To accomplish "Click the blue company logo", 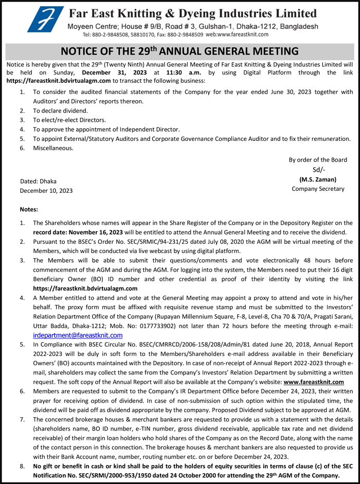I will (x=45, y=19).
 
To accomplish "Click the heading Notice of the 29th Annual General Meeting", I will (x=179, y=51).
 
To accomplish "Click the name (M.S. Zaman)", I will (x=317, y=180).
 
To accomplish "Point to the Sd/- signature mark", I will (x=318, y=170).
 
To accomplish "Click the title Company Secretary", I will (x=318, y=189).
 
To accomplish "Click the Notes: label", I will (x=29, y=209).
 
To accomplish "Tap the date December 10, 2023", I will (x=46, y=190).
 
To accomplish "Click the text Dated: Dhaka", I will (x=38, y=181).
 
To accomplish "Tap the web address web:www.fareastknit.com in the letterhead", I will (x=237, y=34).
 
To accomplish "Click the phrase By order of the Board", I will (x=318, y=160).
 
